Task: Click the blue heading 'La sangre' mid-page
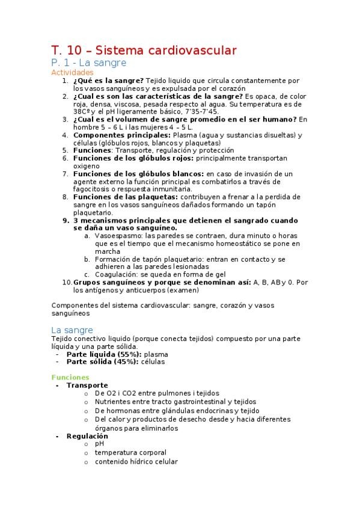pos(72,330)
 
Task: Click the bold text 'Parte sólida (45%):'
pos(103,362)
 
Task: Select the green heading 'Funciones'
pos(70,378)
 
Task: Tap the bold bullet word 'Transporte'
pos(87,386)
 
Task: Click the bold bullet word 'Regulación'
pos(87,436)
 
